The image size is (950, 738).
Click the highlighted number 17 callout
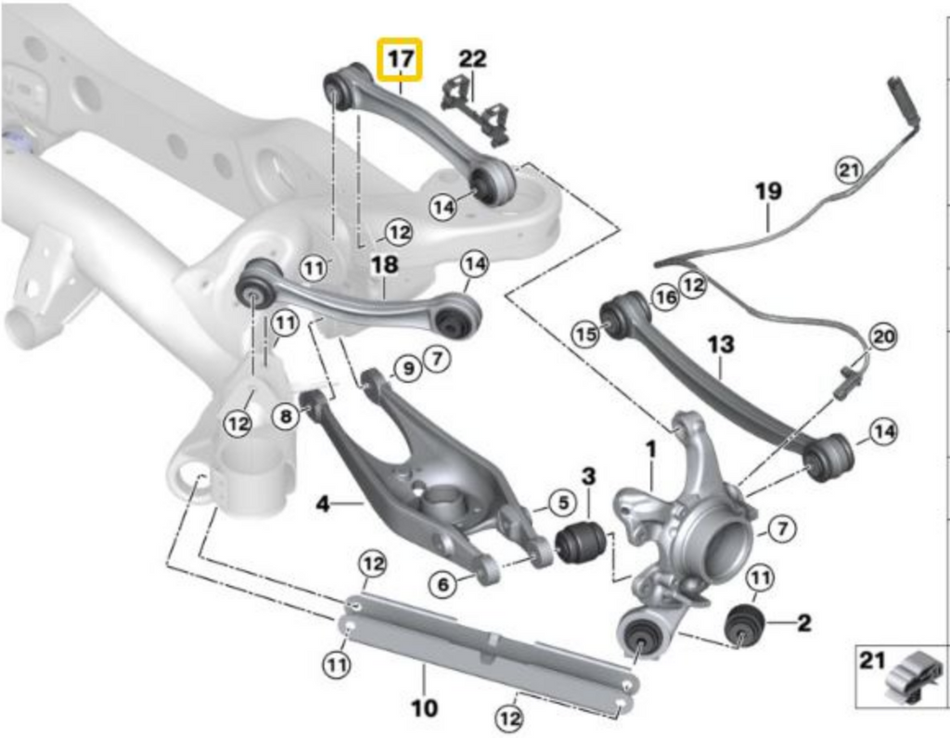(399, 59)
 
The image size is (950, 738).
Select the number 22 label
(472, 58)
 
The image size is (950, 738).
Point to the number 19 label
(767, 192)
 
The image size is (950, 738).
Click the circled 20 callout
(883, 336)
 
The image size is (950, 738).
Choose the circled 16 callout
(663, 296)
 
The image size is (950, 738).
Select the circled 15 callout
(584, 335)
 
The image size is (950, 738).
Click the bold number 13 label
(720, 345)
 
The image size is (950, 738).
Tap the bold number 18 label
(384, 265)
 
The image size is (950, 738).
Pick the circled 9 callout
(405, 370)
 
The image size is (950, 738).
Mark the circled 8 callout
(286, 417)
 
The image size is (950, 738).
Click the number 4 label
(323, 505)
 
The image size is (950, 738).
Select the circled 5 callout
(560, 503)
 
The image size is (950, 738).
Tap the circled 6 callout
(443, 583)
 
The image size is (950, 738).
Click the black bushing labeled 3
(581, 541)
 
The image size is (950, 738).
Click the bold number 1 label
(651, 449)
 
